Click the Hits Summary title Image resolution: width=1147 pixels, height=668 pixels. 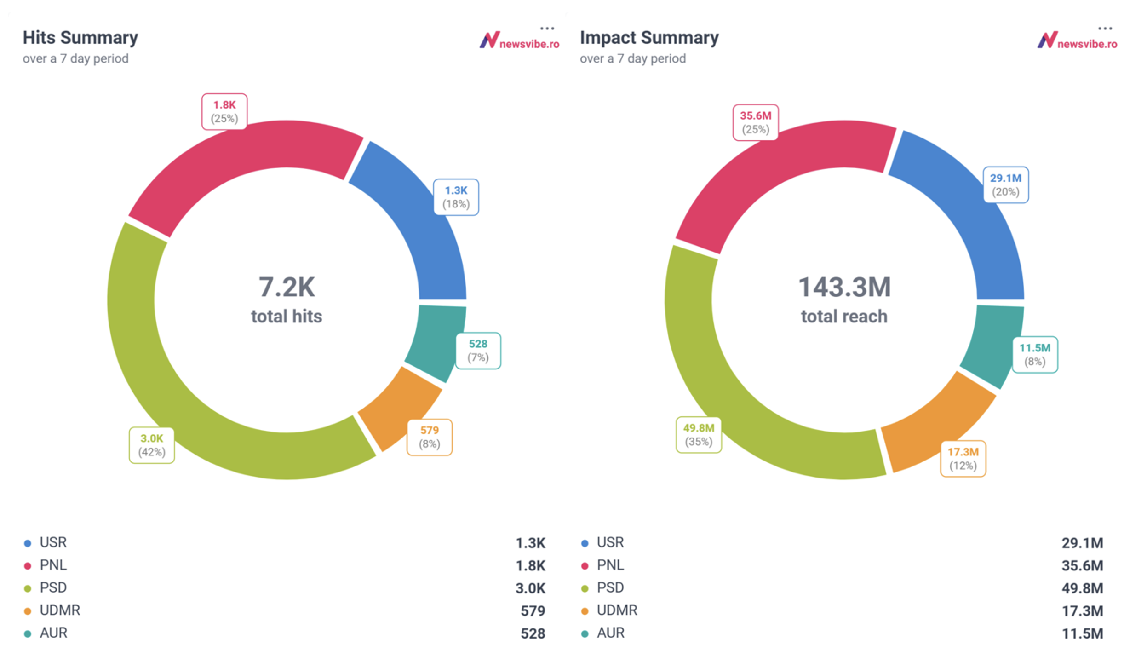pyautogui.click(x=80, y=38)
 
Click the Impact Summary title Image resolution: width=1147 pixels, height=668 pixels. pyautogui.click(x=648, y=38)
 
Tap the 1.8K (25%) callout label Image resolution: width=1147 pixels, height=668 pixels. pyautogui.click(x=224, y=112)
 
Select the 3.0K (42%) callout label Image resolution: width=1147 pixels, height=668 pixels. pyautogui.click(x=152, y=445)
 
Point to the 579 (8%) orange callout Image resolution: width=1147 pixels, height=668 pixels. pyautogui.click(x=429, y=437)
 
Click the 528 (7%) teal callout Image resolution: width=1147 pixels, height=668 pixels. pyautogui.click(x=478, y=351)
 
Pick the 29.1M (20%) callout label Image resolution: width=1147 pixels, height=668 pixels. pyautogui.click(x=1005, y=185)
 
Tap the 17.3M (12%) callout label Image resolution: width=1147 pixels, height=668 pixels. pyautogui.click(x=963, y=459)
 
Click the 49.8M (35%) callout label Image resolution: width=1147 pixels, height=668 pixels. pyautogui.click(x=698, y=435)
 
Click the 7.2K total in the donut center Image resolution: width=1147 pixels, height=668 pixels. pyautogui.click(x=287, y=287)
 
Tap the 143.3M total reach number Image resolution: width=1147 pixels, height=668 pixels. pyautogui.click(x=844, y=287)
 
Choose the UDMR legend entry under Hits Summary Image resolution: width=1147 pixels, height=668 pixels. pyautogui.click(x=60, y=610)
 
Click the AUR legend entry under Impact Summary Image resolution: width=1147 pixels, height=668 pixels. pyautogui.click(x=610, y=633)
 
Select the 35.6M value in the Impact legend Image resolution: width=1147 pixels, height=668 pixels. pyautogui.click(x=1082, y=565)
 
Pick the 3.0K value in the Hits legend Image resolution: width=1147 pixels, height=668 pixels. pyautogui.click(x=530, y=588)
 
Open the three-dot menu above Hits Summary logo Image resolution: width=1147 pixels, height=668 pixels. pyautogui.click(x=547, y=29)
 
